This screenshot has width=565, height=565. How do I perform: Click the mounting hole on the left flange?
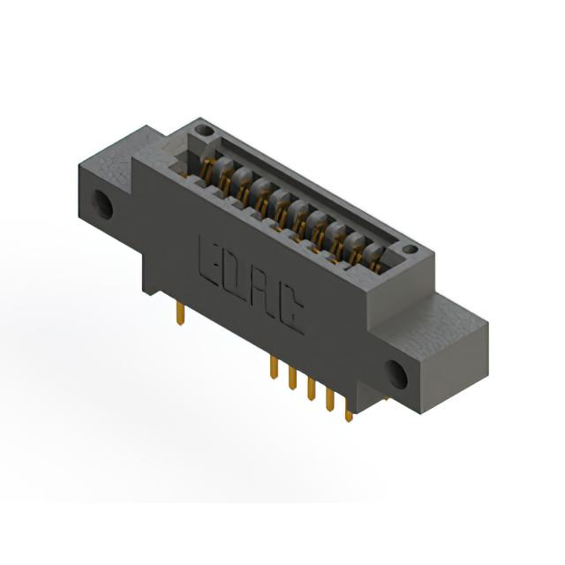[x=103, y=204]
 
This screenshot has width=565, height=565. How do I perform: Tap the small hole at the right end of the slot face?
[x=410, y=249]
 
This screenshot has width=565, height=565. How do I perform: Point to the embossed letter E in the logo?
[x=207, y=261]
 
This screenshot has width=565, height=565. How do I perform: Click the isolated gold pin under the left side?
[x=180, y=314]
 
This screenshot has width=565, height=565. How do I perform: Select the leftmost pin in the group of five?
[x=274, y=367]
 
